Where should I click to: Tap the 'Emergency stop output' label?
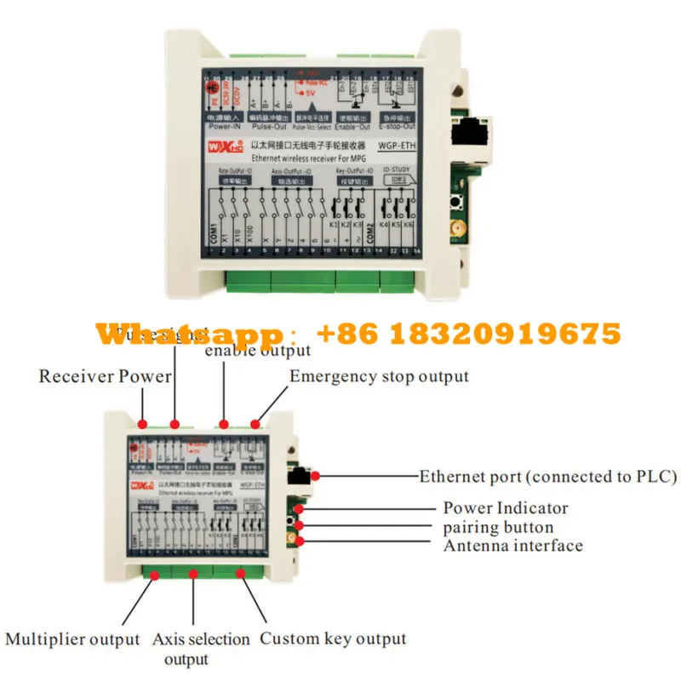click(x=379, y=376)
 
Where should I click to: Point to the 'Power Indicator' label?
click(x=505, y=508)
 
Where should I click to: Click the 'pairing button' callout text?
click(x=498, y=527)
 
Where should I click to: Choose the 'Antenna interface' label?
click(x=512, y=546)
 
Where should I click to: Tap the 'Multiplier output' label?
click(x=72, y=638)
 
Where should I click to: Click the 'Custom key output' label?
click(x=333, y=638)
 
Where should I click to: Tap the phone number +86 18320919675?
click(x=468, y=334)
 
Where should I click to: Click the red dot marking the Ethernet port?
click(x=316, y=475)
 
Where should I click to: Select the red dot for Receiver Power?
click(x=143, y=424)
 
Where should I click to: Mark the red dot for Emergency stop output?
click(x=257, y=424)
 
